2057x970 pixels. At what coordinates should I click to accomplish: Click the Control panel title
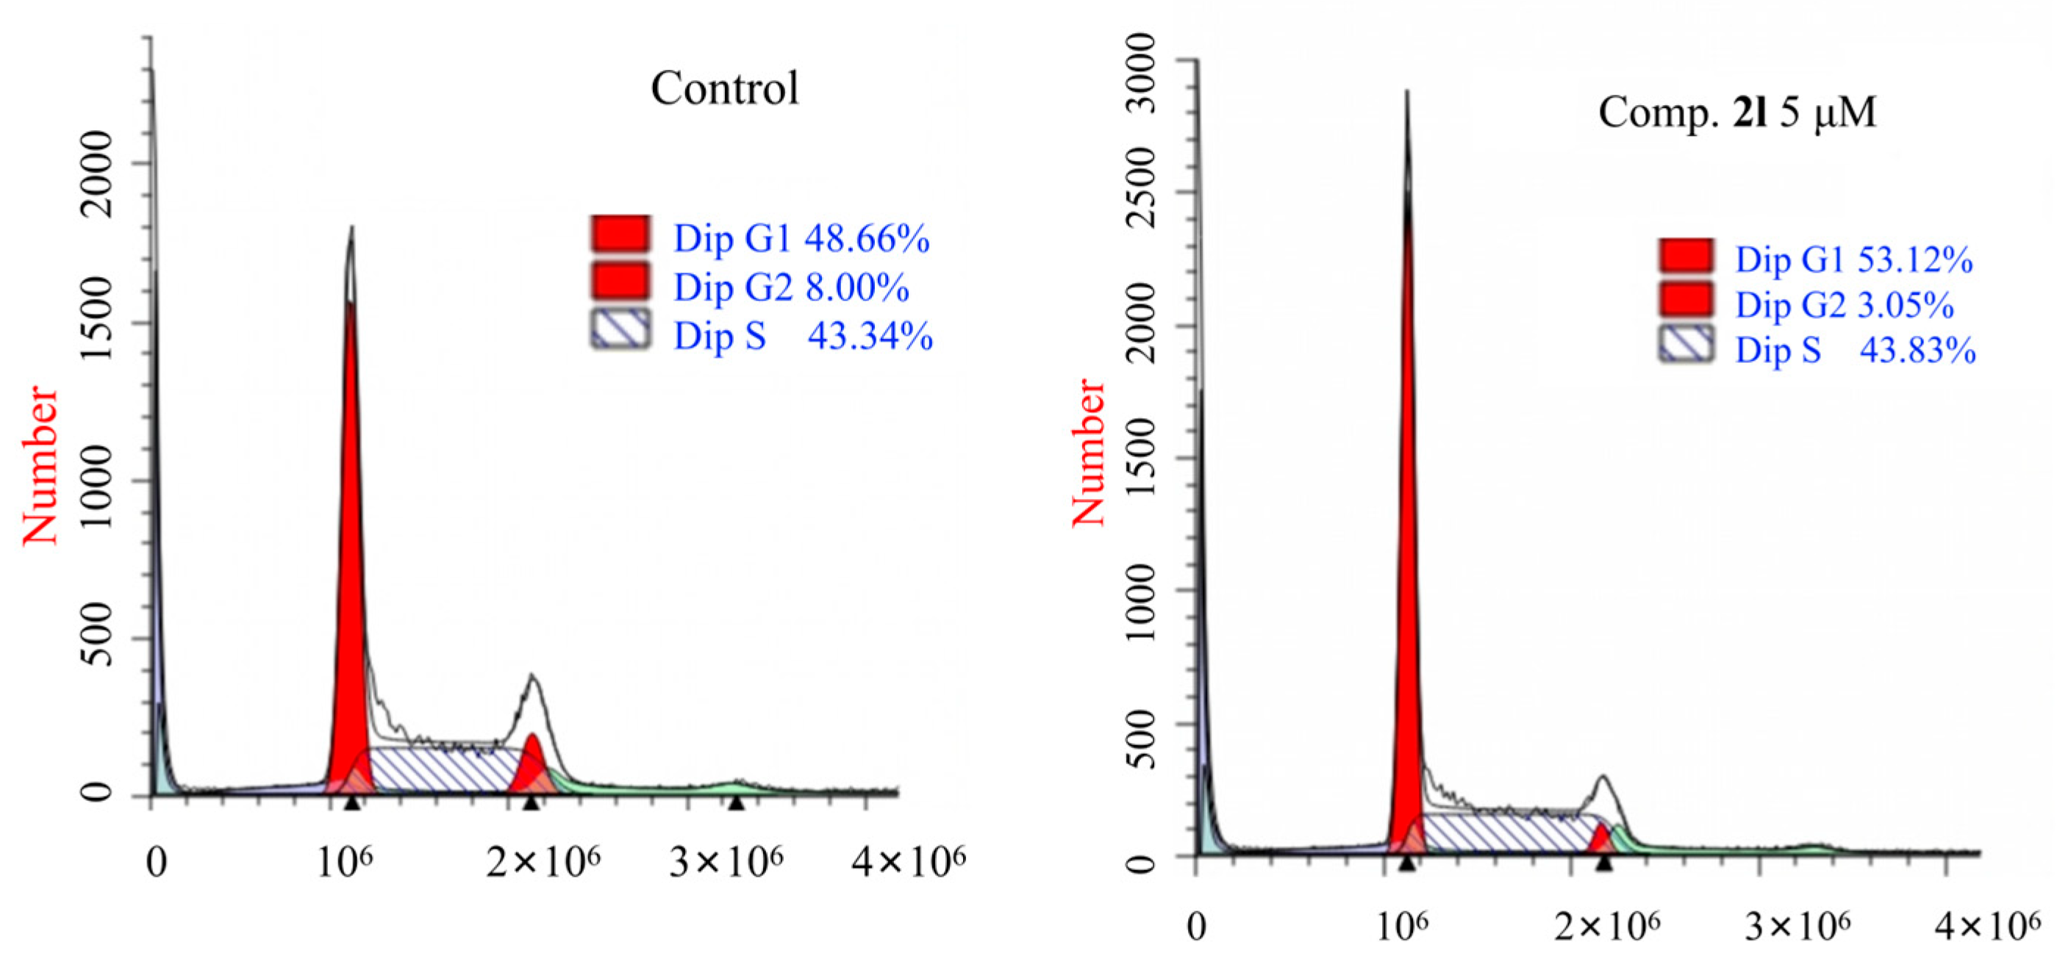(x=724, y=88)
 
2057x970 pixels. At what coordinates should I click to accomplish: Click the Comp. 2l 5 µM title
(x=1736, y=112)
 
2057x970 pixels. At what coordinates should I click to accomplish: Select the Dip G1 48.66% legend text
(x=801, y=239)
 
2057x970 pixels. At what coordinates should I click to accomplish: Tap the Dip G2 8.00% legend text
(x=790, y=287)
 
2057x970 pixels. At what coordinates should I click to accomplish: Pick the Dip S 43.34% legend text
(x=803, y=336)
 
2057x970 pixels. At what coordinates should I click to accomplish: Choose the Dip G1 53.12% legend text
(x=1853, y=260)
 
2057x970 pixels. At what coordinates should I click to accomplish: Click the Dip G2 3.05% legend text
(x=1844, y=306)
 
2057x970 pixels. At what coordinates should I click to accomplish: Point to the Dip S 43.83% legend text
(x=1855, y=351)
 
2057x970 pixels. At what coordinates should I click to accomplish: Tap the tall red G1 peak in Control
(x=350, y=558)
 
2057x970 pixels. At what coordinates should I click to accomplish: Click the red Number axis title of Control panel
(x=40, y=465)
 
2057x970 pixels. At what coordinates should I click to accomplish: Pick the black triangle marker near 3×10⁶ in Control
(x=736, y=802)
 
